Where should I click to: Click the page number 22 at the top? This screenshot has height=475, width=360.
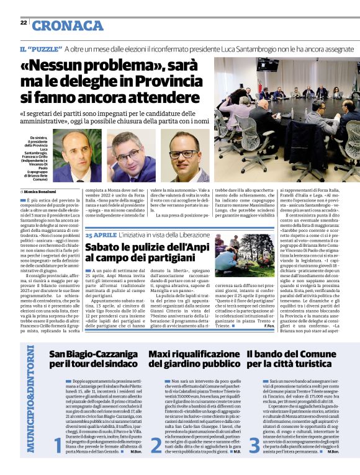click(x=23, y=22)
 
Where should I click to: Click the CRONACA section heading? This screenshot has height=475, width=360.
click(x=68, y=25)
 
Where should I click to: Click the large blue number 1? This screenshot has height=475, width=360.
click(x=57, y=445)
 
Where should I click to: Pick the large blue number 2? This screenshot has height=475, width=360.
click(x=156, y=445)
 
